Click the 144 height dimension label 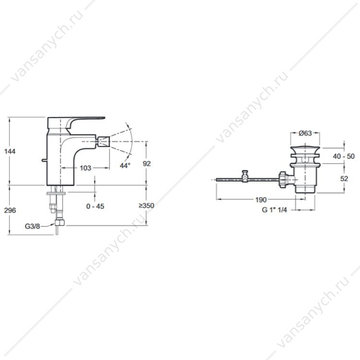coord(10,151)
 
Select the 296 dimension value coord(10,210)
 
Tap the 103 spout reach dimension coord(85,168)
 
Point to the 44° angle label coord(125,165)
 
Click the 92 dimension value coord(147,164)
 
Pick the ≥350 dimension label coord(146,205)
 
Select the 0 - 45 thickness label coord(95,206)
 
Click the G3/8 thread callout coord(32,227)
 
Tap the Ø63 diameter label coord(305,133)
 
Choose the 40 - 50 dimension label coord(344,156)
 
